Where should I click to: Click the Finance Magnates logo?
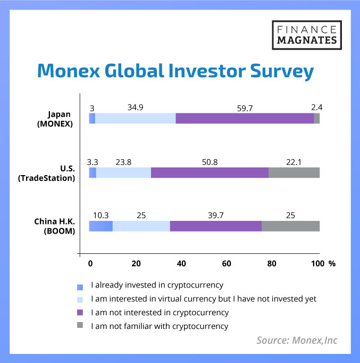tap(307, 35)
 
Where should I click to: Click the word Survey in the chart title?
tap(282, 71)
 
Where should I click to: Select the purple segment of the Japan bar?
tap(245, 118)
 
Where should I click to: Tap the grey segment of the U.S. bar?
tap(294, 172)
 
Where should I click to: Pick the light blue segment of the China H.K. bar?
tap(141, 226)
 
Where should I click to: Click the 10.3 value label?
tap(101, 216)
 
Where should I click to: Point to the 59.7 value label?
tap(245, 109)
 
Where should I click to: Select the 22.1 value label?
tap(294, 162)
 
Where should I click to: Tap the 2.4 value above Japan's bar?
tap(317, 108)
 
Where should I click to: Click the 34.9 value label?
tap(136, 108)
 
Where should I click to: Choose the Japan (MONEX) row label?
tap(55, 119)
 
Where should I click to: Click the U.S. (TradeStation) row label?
tap(46, 174)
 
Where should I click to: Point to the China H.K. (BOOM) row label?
tap(55, 226)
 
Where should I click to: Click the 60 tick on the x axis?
tap(227, 263)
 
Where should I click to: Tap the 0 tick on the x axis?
tap(90, 263)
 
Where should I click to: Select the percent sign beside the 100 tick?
tap(332, 263)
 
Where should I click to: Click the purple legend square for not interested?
tap(80, 312)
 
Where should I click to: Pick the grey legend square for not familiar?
tap(80, 325)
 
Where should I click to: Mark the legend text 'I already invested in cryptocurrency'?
tap(157, 285)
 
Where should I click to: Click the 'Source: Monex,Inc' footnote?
tap(297, 340)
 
